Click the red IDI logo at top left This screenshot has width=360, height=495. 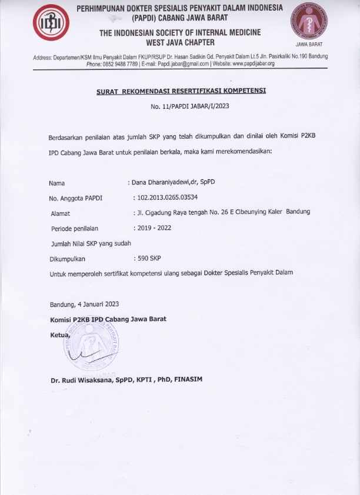point(51,24)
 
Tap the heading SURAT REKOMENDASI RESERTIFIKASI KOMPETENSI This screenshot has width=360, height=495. point(181,92)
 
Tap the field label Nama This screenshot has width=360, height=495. point(56,183)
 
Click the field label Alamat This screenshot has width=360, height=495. point(61,213)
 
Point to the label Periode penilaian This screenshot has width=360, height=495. point(75,229)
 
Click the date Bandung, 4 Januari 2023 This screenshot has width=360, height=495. point(85,304)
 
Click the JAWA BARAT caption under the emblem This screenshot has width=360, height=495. point(308,44)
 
